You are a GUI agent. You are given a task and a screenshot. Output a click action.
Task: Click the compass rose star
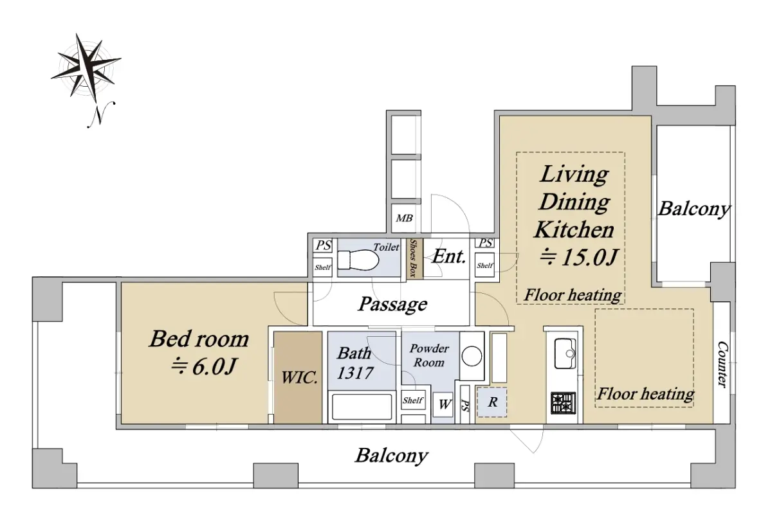click(x=86, y=67)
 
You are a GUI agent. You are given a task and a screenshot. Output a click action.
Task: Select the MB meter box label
click(x=404, y=218)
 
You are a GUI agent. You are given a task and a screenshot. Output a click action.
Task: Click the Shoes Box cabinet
click(x=414, y=258)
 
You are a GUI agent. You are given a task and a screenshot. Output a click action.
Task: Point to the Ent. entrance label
click(x=449, y=256)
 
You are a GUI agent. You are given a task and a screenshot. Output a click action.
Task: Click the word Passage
click(x=392, y=304)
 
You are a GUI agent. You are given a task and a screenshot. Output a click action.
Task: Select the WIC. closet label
click(x=299, y=377)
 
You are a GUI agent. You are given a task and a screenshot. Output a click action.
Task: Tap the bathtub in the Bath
click(x=362, y=407)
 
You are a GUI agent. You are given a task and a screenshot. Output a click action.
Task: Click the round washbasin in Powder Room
click(x=472, y=356)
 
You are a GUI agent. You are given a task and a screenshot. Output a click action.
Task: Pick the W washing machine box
click(x=443, y=404)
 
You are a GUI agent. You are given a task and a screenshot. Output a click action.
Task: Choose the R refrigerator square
click(x=492, y=402)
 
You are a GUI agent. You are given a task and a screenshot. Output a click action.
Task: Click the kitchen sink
click(x=565, y=353)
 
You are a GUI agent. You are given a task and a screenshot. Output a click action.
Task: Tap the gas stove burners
click(x=563, y=403)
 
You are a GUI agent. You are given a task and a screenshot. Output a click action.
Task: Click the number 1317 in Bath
click(x=355, y=373)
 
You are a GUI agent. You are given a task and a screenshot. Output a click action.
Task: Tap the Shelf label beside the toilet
click(x=322, y=267)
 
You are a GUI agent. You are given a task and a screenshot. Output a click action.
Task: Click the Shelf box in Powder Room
click(x=413, y=400)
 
